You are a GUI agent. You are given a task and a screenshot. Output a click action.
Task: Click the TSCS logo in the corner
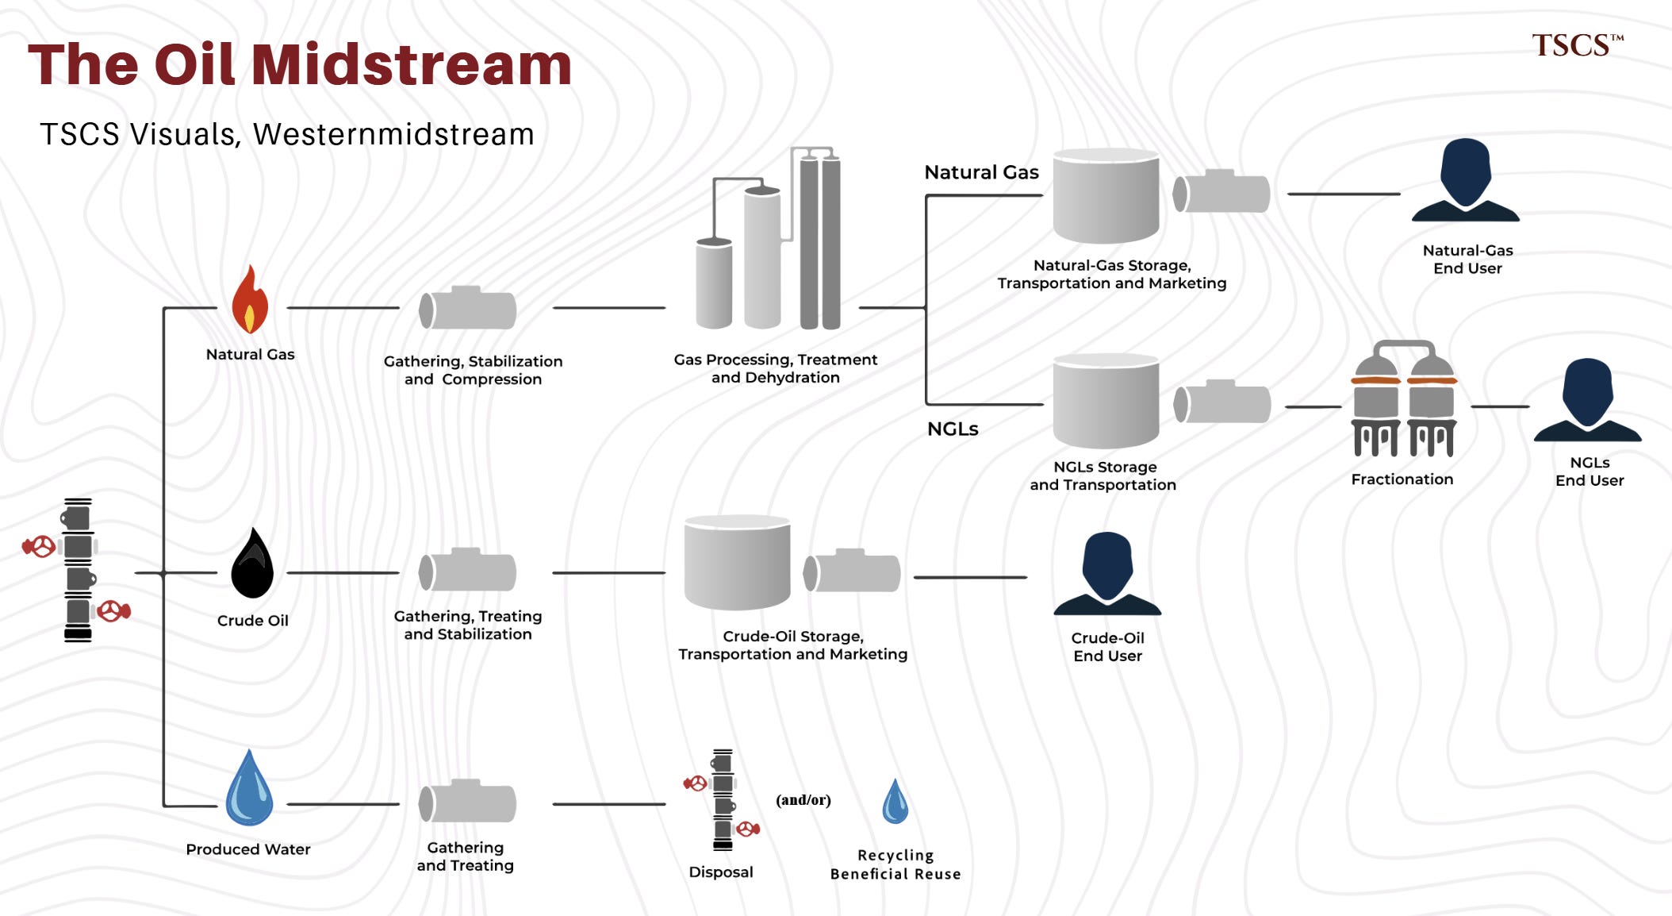[1578, 45]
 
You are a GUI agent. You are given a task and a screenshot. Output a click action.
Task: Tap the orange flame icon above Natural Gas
[250, 299]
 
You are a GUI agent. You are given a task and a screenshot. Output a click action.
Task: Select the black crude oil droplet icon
[252, 563]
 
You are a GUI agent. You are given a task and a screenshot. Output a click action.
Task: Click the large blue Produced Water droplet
[249, 787]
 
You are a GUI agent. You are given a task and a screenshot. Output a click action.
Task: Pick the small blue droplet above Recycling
[895, 802]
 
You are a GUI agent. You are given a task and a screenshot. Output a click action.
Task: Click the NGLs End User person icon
[1587, 400]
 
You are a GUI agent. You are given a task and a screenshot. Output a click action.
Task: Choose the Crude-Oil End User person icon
[1107, 573]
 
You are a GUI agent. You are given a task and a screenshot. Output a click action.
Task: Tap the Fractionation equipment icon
[1404, 398]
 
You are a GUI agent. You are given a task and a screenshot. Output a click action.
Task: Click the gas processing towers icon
[768, 238]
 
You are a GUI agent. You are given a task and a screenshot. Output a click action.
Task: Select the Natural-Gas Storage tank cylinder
[1106, 195]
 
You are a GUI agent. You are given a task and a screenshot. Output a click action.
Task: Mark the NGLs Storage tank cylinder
[1106, 401]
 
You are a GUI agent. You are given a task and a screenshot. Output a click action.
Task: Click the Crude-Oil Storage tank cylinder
[738, 563]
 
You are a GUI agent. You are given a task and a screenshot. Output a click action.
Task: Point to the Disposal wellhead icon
[723, 800]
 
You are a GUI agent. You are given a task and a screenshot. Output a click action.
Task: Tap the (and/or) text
[803, 800]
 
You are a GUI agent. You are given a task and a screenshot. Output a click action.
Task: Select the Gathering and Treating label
[466, 856]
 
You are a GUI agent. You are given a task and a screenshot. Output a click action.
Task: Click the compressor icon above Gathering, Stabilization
[468, 307]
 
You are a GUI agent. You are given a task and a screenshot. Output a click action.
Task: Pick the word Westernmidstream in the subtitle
[393, 134]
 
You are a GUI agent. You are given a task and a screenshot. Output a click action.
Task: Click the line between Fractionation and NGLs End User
[1500, 406]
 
